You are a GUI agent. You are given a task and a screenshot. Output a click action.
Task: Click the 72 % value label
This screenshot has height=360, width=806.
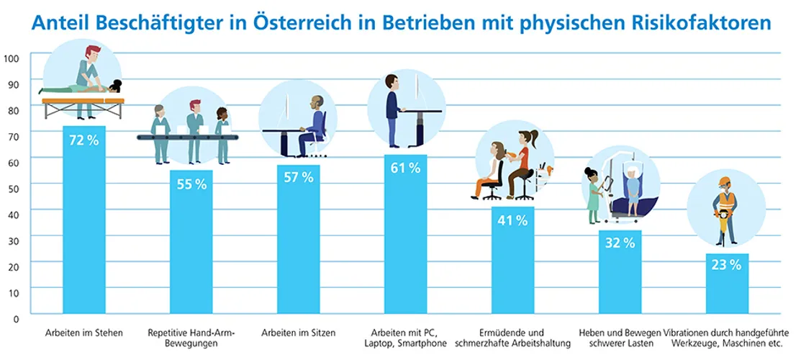[x=83, y=140]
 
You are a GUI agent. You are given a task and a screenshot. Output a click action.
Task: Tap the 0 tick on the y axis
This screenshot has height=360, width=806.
[x=16, y=316]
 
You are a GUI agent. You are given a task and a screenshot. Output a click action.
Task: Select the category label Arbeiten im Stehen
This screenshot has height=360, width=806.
[x=83, y=333]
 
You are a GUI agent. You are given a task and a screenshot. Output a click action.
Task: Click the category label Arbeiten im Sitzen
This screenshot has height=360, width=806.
[x=298, y=333]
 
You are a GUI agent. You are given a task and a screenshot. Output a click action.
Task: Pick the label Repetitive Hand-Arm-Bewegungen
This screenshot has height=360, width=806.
[x=191, y=338]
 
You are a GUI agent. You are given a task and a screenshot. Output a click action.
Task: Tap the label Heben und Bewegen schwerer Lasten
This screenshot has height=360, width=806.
[x=620, y=338]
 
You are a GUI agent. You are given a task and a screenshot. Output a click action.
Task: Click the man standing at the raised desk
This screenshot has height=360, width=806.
[x=392, y=108]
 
